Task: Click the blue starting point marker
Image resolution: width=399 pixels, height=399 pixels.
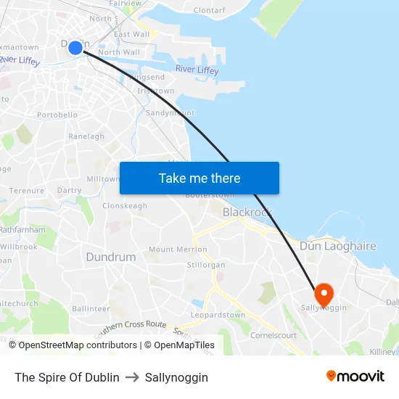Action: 75,48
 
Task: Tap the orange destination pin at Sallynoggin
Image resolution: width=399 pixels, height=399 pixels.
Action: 323,293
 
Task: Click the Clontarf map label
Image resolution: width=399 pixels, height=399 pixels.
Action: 210,10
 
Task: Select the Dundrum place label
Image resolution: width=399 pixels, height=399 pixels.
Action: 110,257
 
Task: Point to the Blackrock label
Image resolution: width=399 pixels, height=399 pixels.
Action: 247,212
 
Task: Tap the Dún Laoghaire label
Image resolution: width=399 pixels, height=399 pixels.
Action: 337,246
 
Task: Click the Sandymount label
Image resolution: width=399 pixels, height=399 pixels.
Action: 170,113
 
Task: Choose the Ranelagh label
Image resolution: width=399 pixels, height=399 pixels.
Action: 86,136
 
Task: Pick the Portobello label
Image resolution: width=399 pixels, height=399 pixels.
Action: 57,115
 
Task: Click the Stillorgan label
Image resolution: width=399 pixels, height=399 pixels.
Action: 205,265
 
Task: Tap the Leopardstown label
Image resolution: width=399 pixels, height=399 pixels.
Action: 218,316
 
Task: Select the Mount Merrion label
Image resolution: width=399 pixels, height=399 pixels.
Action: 178,250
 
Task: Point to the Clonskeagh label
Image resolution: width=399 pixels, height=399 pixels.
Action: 125,205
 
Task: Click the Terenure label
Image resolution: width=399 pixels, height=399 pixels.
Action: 27,191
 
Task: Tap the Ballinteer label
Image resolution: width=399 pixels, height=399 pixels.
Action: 91,308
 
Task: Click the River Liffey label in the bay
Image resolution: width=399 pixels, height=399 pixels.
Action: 197,70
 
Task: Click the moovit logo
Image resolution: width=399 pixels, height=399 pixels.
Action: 355,376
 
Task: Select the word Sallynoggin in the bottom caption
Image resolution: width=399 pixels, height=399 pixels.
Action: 176,377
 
